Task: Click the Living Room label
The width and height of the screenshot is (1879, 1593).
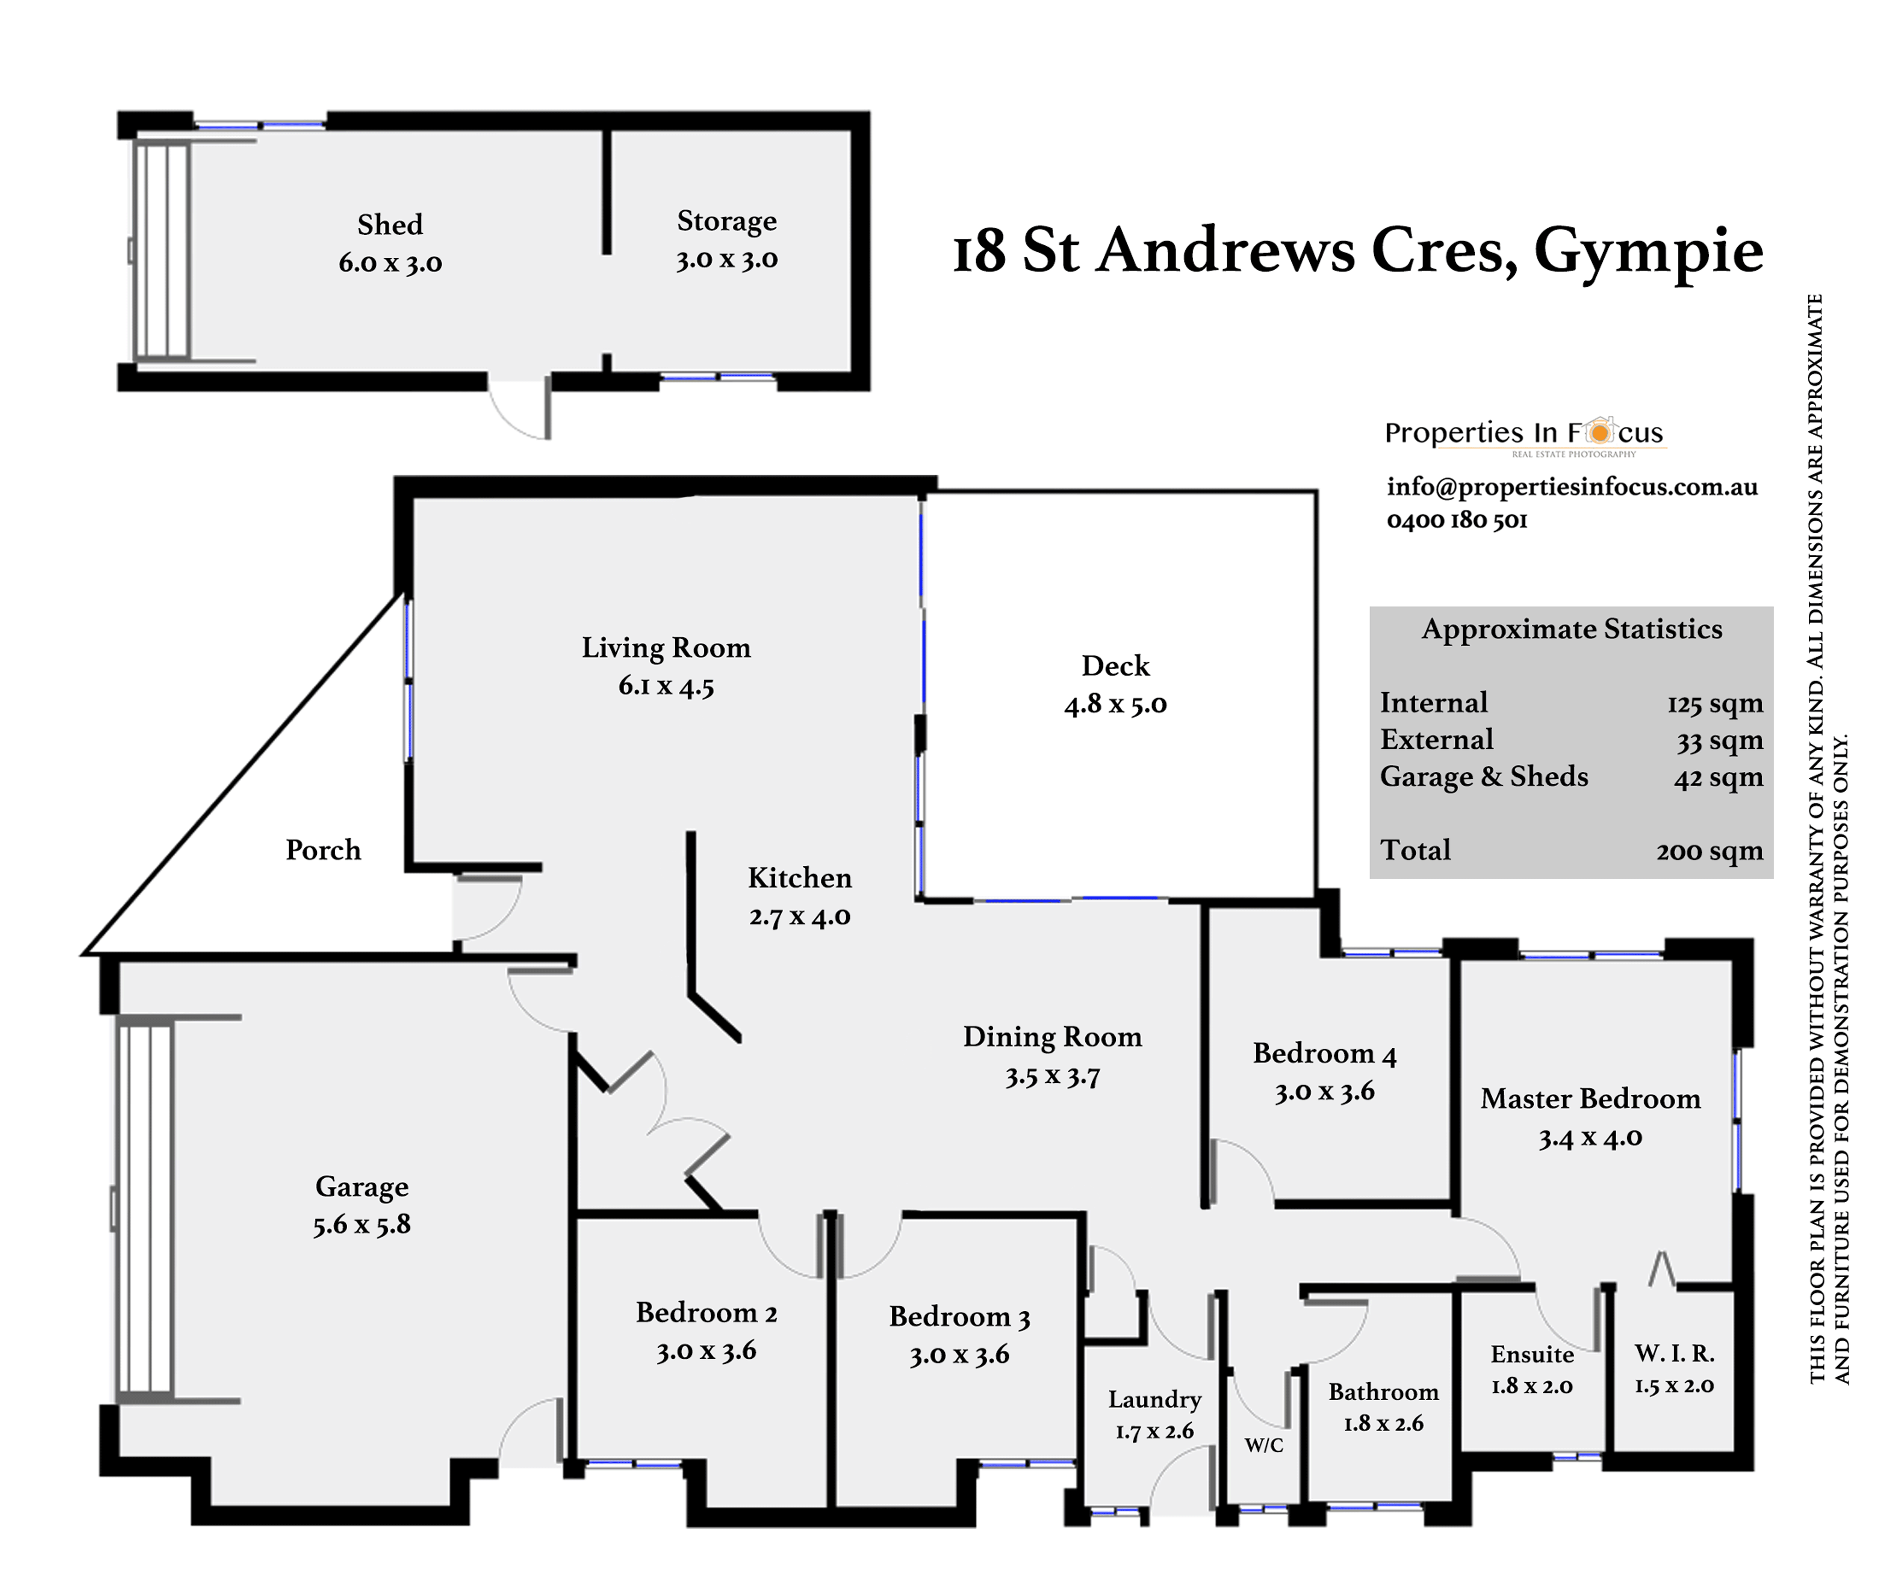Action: click(666, 648)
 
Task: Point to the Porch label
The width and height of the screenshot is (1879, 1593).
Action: click(322, 850)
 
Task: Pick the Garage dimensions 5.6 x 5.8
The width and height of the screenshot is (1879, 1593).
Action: click(362, 1225)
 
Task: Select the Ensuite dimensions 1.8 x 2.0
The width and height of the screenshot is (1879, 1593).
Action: click(1531, 1385)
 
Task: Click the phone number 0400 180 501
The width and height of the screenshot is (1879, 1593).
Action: click(1456, 520)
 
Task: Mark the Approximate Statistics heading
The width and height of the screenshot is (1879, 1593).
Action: click(1572, 628)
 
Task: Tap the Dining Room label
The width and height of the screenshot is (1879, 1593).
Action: click(1052, 1037)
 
